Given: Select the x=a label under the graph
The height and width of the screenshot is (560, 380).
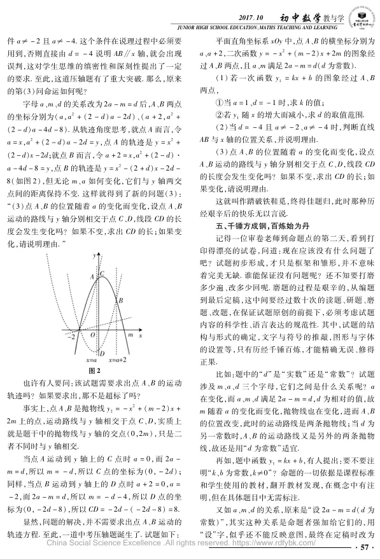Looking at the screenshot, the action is [92, 360].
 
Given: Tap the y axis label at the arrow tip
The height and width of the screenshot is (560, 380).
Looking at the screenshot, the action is [92, 255].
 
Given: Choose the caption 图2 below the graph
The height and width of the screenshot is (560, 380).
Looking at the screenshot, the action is [95, 370].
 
